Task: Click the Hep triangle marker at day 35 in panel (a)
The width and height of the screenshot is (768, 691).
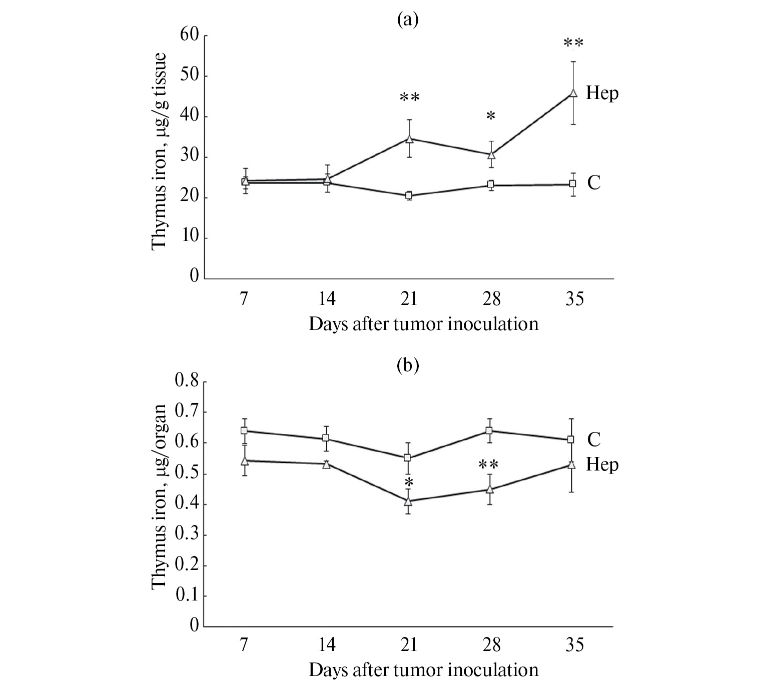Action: [573, 92]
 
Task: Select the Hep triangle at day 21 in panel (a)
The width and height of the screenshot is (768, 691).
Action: [409, 139]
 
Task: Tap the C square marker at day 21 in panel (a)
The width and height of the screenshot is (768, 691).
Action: [409, 195]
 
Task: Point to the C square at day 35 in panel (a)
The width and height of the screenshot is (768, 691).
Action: [573, 184]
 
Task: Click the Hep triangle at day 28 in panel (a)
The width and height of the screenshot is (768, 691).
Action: [491, 154]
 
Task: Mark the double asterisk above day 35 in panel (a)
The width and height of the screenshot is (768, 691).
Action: [573, 43]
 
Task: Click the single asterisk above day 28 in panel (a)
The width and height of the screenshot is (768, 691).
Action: [491, 116]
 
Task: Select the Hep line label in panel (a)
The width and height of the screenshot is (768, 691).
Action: [602, 93]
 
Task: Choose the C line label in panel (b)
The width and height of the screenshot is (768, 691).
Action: [593, 439]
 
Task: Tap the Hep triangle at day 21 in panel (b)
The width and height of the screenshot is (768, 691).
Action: [409, 501]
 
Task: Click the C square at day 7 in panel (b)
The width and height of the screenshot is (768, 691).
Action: [245, 430]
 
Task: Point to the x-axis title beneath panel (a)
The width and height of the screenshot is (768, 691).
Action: [423, 324]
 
